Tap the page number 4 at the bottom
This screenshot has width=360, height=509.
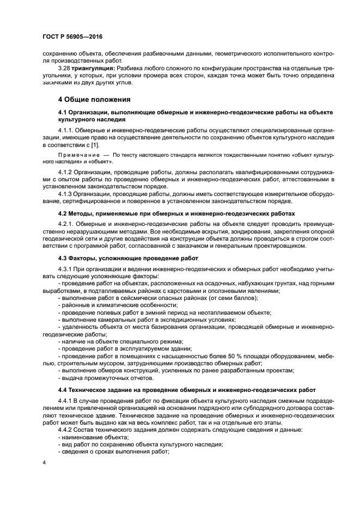point(45,462)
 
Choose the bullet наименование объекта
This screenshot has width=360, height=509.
point(95,437)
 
